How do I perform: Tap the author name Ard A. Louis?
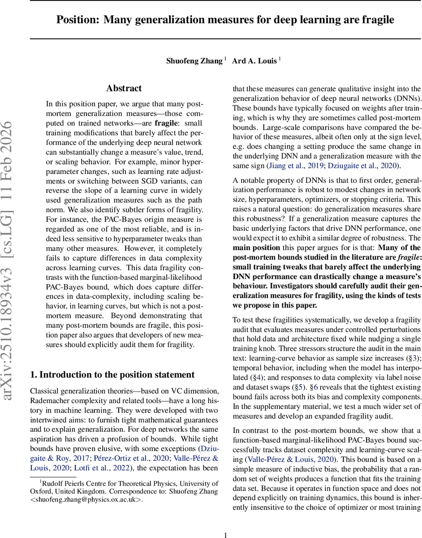click(x=254, y=61)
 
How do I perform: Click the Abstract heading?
click(x=124, y=88)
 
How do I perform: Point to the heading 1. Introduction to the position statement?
click(x=112, y=374)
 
